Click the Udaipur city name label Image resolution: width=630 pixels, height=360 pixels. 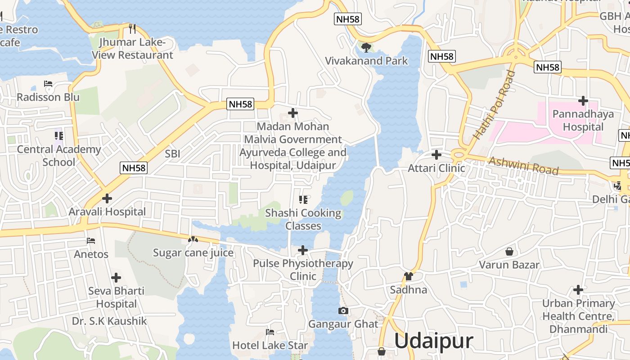click(433, 341)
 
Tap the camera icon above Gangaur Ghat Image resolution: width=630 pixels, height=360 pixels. click(343, 310)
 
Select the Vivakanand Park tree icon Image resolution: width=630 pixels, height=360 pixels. click(366, 47)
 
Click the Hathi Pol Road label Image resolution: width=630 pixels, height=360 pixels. click(494, 105)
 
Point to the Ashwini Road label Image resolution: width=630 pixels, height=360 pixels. click(523, 166)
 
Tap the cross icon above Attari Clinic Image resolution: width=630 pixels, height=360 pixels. click(436, 155)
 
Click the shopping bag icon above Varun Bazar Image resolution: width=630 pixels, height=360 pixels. click(509, 251)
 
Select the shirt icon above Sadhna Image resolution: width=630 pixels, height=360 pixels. click(408, 276)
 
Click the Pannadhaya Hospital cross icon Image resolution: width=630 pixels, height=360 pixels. click(583, 100)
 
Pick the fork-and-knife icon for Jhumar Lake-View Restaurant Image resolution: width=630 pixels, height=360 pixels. click(132, 29)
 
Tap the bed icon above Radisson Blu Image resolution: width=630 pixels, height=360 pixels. click(48, 84)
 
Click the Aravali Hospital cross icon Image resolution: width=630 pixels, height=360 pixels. click(107, 198)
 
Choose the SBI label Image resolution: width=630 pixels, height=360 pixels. click(172, 153)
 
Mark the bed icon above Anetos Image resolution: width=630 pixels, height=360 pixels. click(91, 241)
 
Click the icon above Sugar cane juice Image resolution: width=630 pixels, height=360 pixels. click(193, 240)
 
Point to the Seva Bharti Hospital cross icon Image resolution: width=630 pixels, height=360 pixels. click(116, 278)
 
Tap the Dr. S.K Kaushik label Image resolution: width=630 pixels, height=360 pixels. click(109, 321)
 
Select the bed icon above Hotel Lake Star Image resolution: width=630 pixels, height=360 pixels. click(270, 332)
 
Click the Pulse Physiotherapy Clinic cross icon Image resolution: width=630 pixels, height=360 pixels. click(303, 250)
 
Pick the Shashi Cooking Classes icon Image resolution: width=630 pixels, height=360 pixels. click(303, 199)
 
